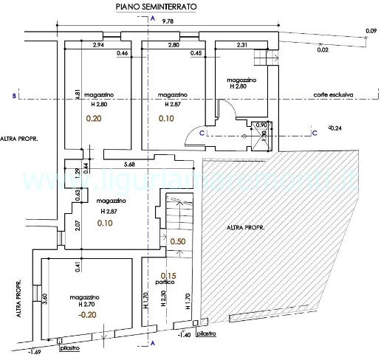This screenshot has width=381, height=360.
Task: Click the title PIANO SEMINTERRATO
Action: point(156,6)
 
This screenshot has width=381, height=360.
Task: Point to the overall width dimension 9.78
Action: point(168,23)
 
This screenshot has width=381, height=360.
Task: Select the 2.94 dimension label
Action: point(97,46)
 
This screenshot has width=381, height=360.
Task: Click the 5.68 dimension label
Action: point(130,165)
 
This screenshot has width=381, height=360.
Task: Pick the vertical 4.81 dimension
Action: point(78,96)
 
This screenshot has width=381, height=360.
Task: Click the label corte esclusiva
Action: point(334,94)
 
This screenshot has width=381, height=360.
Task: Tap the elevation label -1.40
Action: point(185,336)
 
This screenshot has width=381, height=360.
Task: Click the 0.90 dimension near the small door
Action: point(260,125)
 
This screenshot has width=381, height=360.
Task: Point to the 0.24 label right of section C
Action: point(336,128)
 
